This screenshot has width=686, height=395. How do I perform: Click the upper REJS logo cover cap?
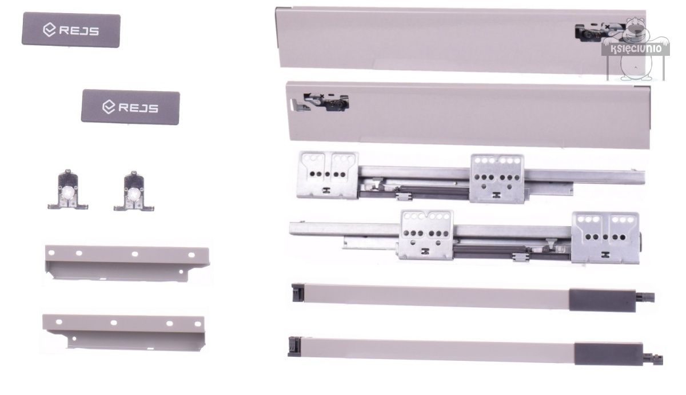pyautogui.click(x=71, y=30)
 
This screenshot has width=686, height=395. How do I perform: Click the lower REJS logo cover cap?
pyautogui.click(x=130, y=107)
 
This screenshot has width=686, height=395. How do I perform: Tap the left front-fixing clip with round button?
pyautogui.click(x=68, y=190)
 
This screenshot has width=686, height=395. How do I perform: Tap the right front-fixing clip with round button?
pyautogui.click(x=134, y=192)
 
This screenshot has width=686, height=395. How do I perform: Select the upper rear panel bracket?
pyautogui.click(x=127, y=263)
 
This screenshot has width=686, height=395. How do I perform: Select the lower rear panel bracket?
pyautogui.click(x=123, y=333)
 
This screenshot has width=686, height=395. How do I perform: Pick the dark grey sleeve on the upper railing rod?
pyautogui.click(x=602, y=300)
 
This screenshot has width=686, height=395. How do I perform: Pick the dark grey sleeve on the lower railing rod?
pyautogui.click(x=608, y=354)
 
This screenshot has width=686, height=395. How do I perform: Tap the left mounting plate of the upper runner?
pyautogui.click(x=328, y=175)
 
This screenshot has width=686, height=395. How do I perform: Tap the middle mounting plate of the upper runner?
pyautogui.click(x=497, y=179)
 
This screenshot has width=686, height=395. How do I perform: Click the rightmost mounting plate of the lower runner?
pyautogui.click(x=605, y=237)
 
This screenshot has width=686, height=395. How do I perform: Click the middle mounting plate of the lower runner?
pyautogui.click(x=426, y=235)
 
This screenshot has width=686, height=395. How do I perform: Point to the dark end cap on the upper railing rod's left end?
pyautogui.click(x=298, y=293)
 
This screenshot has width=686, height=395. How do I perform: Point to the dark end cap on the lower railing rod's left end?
pyautogui.click(x=294, y=346)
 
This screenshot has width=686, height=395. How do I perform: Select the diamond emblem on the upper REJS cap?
pyautogui.click(x=49, y=30)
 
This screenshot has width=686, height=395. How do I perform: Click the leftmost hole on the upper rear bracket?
pyautogui.click(x=51, y=253)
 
